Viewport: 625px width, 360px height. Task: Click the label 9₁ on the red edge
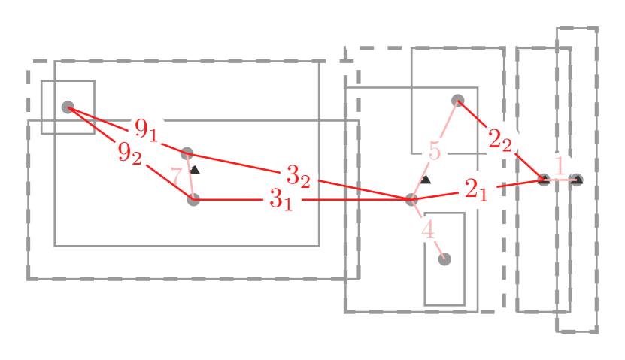pyautogui.click(x=147, y=130)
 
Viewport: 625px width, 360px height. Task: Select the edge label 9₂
pyautogui.click(x=130, y=153)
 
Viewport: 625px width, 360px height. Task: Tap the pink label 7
pyautogui.click(x=175, y=177)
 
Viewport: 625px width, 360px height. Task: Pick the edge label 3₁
pyautogui.click(x=281, y=200)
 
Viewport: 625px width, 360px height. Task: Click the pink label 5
pyautogui.click(x=435, y=150)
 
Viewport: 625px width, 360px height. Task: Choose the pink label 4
pyautogui.click(x=428, y=229)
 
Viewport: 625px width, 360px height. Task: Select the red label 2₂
pyautogui.click(x=500, y=140)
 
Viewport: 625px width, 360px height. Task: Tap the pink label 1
pyautogui.click(x=559, y=165)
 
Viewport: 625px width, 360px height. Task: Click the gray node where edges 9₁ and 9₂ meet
pyautogui.click(x=68, y=107)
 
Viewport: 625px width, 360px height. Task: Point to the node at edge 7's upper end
pyautogui.click(x=187, y=153)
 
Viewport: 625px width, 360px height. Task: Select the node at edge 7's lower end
pyautogui.click(x=194, y=200)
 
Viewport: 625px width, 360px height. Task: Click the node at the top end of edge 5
pyautogui.click(x=457, y=100)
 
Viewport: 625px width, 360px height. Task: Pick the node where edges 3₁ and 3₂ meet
pyautogui.click(x=411, y=200)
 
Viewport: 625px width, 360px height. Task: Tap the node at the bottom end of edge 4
pyautogui.click(x=444, y=259)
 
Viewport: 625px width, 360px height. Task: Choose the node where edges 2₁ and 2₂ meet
pyautogui.click(x=543, y=180)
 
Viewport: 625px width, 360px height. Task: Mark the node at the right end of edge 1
pyautogui.click(x=576, y=180)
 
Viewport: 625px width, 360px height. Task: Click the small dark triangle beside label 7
pyautogui.click(x=196, y=169)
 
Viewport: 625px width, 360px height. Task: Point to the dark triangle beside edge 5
pyautogui.click(x=426, y=180)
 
